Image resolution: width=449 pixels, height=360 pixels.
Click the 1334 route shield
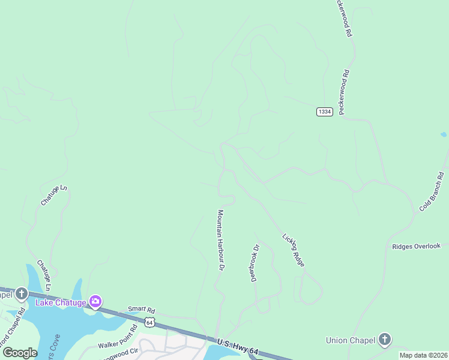(324, 112)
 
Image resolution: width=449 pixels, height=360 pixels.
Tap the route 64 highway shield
(149, 322)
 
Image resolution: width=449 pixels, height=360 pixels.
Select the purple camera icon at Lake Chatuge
(95, 301)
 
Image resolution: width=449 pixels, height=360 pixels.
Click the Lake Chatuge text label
(61, 302)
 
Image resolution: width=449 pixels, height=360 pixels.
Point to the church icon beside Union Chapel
(384, 340)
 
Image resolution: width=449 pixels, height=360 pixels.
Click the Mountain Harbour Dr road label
(220, 239)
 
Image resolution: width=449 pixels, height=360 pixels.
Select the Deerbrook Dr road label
(255, 262)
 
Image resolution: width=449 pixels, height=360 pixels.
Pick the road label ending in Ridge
(294, 250)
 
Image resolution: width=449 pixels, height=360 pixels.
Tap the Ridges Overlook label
(416, 246)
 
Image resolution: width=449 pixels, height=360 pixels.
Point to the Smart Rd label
(141, 310)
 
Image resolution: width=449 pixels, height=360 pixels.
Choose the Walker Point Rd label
(118, 338)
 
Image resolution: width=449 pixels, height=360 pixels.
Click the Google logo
(19, 353)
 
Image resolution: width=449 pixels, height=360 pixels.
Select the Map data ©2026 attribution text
(423, 355)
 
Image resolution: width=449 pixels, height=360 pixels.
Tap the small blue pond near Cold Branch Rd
(443, 134)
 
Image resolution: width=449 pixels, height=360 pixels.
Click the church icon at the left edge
(21, 294)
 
